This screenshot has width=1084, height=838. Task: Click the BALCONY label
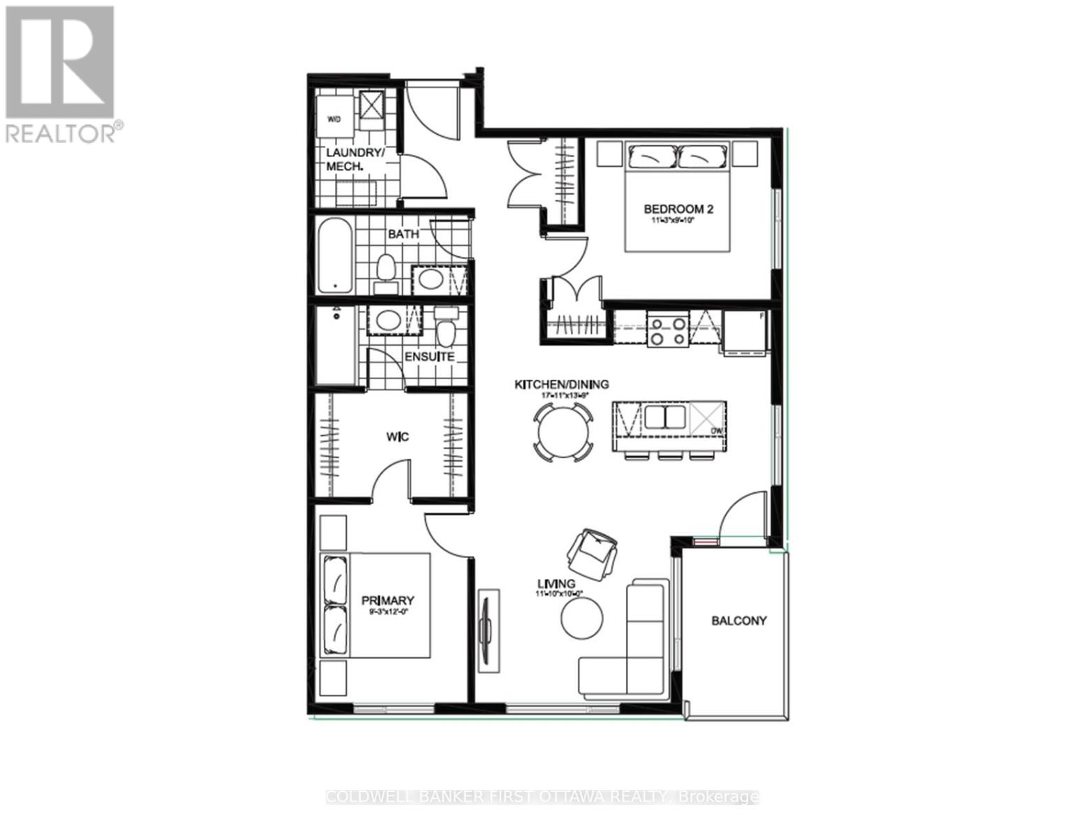point(738,620)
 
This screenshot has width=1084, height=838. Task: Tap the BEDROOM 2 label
point(678,208)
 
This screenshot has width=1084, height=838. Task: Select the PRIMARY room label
point(387,600)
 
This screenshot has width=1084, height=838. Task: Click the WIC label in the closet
point(397,437)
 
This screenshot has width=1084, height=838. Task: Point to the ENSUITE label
point(430,357)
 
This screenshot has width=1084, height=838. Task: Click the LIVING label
point(556,584)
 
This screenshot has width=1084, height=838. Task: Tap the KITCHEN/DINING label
point(561,384)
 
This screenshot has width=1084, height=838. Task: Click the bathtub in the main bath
point(335,256)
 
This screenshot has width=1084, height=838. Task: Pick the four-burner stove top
point(667,330)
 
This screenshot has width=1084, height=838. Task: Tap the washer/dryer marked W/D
point(334,119)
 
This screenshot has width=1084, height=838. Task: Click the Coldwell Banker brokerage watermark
point(542,797)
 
